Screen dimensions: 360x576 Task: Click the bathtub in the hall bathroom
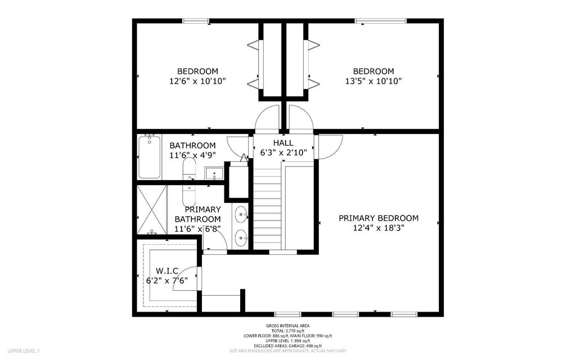pyautogui.click(x=150, y=157)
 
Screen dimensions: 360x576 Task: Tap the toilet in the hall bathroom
pyautogui.click(x=189, y=168)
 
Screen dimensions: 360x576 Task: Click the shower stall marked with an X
pyautogui.click(x=152, y=209)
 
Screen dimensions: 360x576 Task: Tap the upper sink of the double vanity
pyautogui.click(x=241, y=214)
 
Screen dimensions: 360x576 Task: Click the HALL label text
pyautogui.click(x=283, y=143)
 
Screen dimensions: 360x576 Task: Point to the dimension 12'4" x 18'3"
pyautogui.click(x=379, y=228)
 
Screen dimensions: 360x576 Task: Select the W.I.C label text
pyautogui.click(x=167, y=270)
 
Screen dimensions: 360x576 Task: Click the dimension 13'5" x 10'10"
pyautogui.click(x=373, y=81)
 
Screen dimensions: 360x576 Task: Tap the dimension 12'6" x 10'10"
pyautogui.click(x=197, y=81)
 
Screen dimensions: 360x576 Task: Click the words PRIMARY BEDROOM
pyautogui.click(x=379, y=218)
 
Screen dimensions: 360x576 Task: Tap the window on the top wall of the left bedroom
pyautogui.click(x=195, y=21)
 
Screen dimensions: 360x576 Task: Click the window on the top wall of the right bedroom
pyautogui.click(x=381, y=21)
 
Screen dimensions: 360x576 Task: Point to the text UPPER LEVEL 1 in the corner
pyautogui.click(x=24, y=351)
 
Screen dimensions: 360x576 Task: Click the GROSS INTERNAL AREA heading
pyautogui.click(x=287, y=326)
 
